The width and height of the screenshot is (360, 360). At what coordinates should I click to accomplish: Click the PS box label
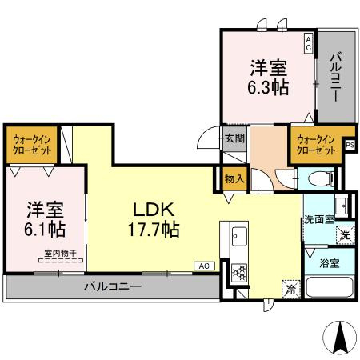tap(350, 143)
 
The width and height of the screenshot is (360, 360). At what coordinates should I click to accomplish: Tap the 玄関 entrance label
tap(234, 138)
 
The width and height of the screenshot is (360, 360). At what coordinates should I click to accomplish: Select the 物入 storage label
tap(234, 179)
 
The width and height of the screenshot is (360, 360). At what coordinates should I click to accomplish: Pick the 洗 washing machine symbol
tap(343, 235)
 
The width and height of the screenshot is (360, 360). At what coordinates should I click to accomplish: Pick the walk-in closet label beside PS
tap(315, 146)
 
